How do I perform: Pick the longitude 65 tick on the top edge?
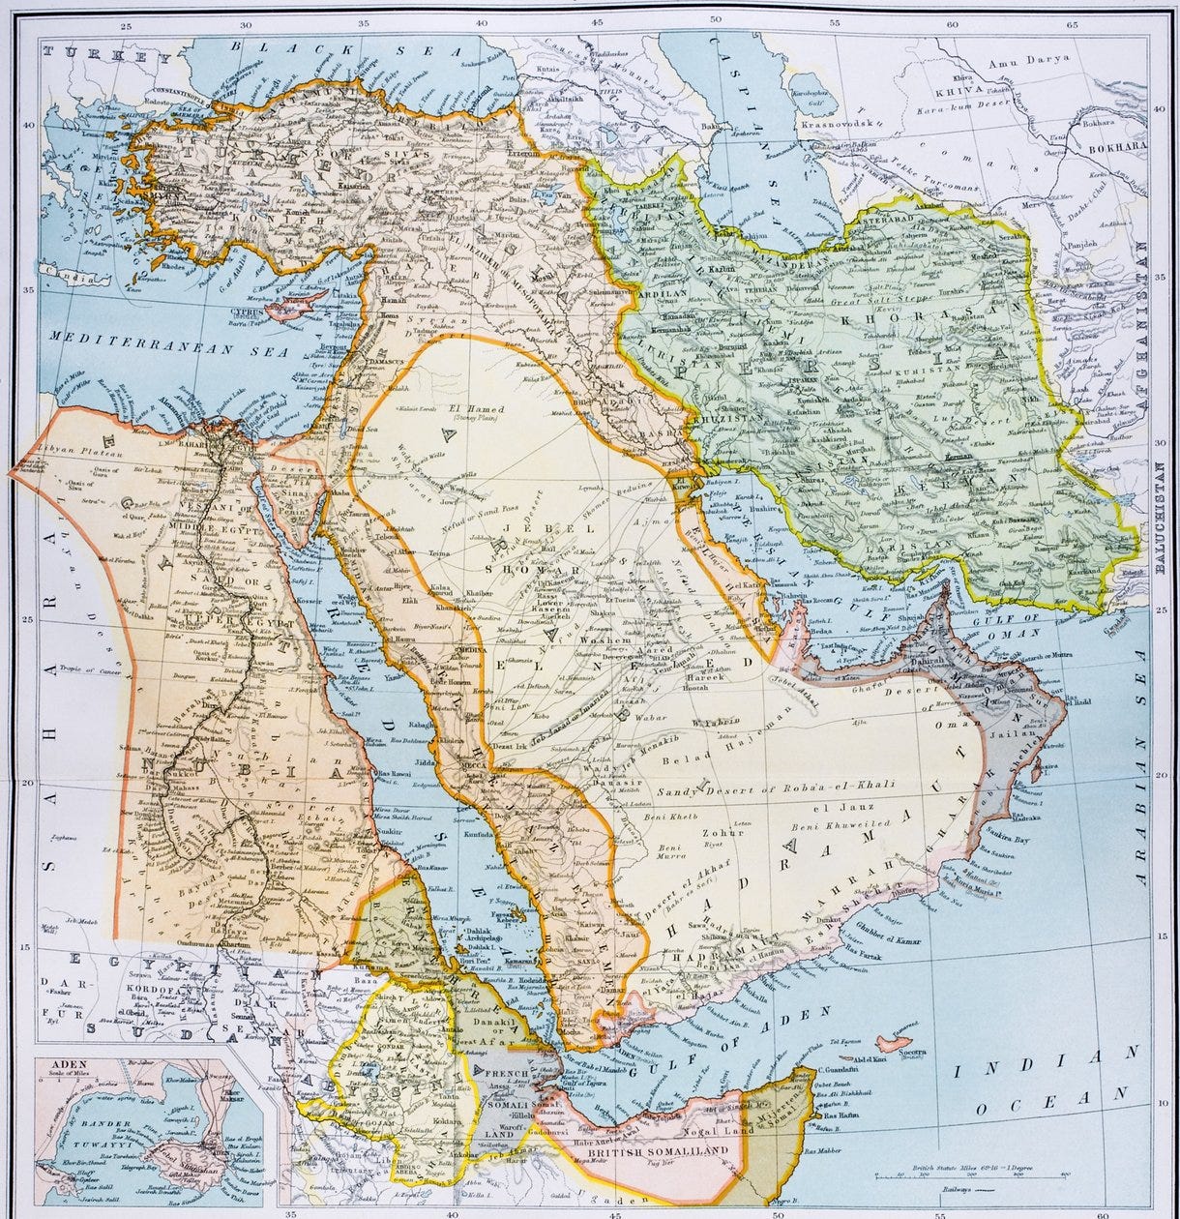click(1071, 24)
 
